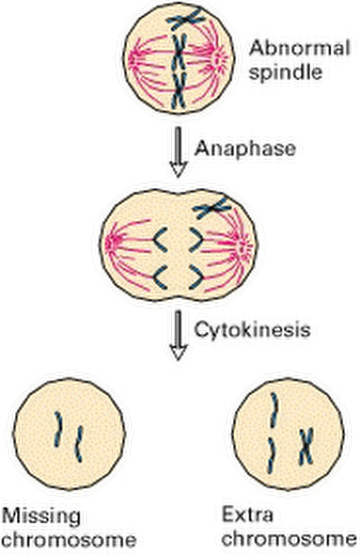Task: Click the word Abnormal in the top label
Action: coord(299,49)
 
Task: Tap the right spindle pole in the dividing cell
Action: coord(242,245)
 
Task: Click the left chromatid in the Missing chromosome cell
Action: coord(59,426)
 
